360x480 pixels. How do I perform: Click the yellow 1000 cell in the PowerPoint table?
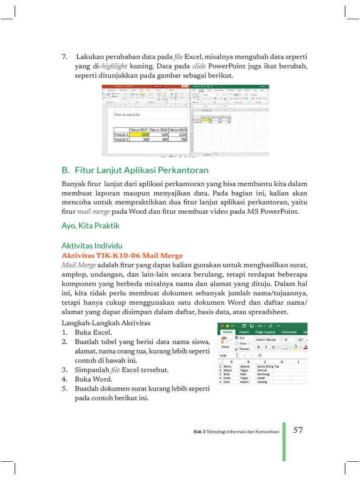tap(139, 134)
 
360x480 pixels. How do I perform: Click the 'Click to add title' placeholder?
tap(127, 114)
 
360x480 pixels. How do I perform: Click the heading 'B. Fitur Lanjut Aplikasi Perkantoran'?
tap(135, 170)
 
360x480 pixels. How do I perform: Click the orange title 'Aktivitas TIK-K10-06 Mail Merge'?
tap(122, 255)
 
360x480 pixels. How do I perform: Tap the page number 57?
tap(298, 430)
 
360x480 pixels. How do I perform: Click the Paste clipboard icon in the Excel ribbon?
tap(225, 341)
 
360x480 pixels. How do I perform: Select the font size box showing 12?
tap(286, 339)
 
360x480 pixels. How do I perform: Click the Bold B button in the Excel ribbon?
tap(259, 347)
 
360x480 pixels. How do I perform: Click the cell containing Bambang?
tap(263, 374)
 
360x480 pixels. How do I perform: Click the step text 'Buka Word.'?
tap(93, 379)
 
